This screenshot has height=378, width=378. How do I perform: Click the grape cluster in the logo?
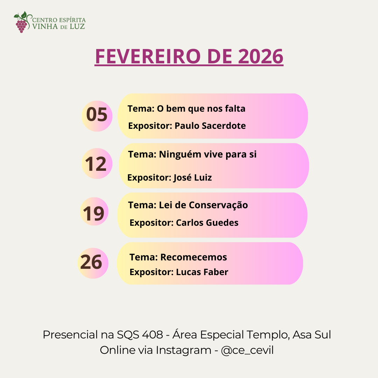tap(21, 26)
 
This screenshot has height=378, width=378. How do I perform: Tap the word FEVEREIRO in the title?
tap(148, 56)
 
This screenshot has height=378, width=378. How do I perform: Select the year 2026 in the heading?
tap(261, 56)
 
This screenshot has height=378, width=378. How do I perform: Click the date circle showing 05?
tap(97, 116)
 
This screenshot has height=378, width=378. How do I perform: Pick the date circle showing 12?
tap(97, 163)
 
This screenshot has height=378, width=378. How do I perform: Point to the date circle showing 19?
tap(94, 211)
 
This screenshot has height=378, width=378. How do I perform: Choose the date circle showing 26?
tap(93, 263)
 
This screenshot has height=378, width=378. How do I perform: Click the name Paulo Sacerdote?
tap(210, 126)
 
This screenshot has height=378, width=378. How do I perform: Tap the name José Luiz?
tap(192, 178)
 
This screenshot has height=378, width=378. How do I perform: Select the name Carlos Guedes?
tap(207, 223)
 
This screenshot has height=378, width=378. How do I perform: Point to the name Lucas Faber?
tap(202, 272)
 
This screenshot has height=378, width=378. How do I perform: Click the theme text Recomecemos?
tap(194, 257)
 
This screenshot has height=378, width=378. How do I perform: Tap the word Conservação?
tap(218, 205)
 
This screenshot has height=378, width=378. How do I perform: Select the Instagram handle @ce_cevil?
tap(247, 350)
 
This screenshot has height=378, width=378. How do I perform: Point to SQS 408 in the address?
tap(140, 335)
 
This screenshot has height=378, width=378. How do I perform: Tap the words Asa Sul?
tap(312, 335)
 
